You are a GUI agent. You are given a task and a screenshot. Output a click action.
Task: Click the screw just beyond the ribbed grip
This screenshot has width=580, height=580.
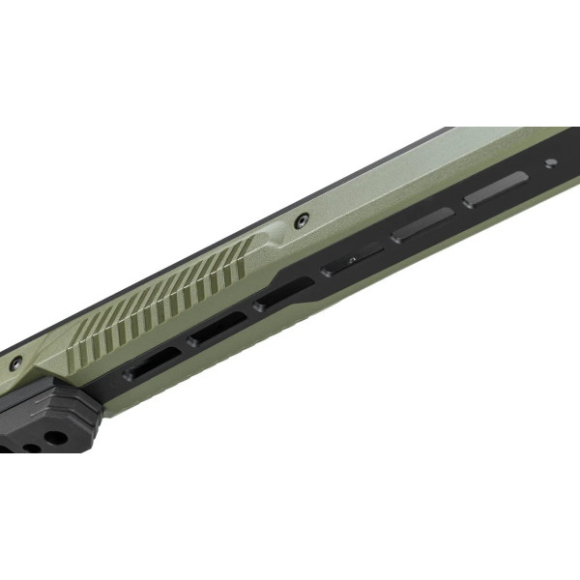pos(302,220)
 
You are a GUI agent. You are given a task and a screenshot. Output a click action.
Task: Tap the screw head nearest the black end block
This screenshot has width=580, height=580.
pos(15,364)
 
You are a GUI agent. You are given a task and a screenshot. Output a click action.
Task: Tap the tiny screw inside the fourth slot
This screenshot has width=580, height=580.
pos(352,261)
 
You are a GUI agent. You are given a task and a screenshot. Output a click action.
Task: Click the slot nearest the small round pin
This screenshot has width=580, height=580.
pos(494,190)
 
